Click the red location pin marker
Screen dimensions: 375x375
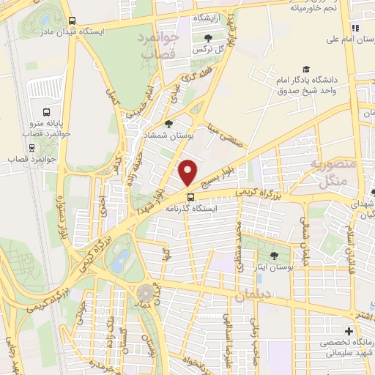188,172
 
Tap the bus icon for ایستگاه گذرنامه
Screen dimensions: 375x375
191,196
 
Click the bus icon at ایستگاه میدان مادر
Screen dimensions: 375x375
71,21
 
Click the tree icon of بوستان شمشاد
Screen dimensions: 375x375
169,124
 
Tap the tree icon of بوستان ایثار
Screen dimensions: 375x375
275,256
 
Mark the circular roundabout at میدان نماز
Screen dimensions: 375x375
146,293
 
